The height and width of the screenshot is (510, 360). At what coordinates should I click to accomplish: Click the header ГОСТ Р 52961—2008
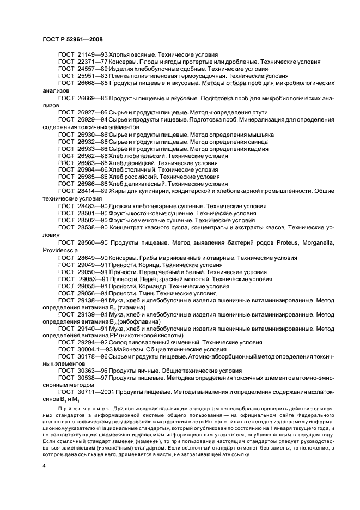point(72,39)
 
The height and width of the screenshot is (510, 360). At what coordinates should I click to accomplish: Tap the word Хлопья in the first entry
point(120,55)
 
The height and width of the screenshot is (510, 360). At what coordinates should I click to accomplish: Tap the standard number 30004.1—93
point(95,349)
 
